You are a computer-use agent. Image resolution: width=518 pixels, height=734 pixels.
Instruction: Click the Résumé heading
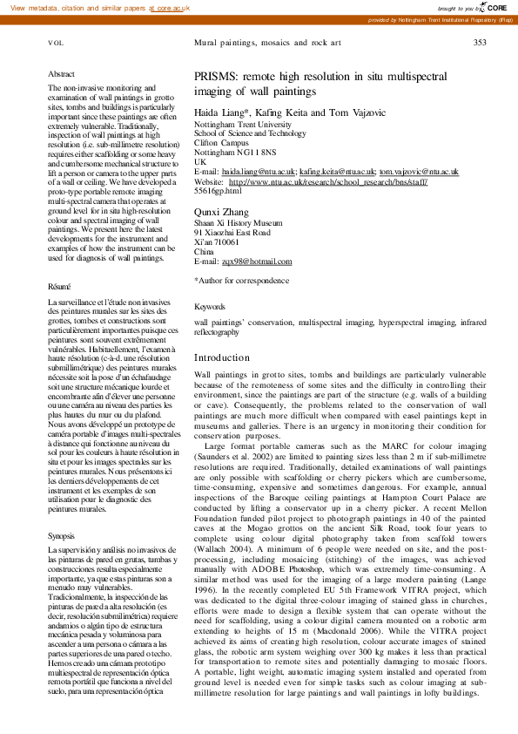point(60,286)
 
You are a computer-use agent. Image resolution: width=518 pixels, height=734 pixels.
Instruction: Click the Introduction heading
point(221,358)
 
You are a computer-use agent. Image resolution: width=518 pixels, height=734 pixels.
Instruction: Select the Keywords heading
point(209,307)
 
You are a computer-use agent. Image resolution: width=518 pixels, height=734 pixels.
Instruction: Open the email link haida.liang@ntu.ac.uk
point(259,173)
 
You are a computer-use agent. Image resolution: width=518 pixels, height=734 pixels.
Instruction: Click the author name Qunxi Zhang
point(221,212)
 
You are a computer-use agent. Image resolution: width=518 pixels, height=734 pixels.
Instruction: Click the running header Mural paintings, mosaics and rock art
point(266,42)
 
